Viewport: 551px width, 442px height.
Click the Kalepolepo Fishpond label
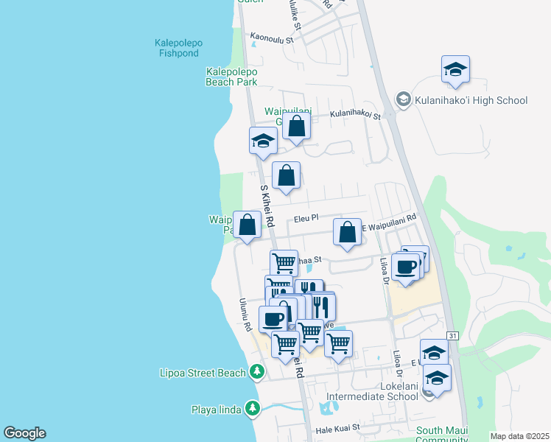point(178,48)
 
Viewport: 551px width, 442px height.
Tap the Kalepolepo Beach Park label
point(231,77)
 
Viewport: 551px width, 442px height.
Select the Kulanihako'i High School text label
point(471,100)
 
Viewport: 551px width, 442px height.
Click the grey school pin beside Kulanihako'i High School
point(403,99)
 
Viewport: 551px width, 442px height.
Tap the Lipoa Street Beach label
point(203,373)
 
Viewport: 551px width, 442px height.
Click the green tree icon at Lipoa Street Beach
point(256,371)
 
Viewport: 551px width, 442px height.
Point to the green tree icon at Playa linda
point(253,408)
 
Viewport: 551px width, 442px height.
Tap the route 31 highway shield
point(453,336)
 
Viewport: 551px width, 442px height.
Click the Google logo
point(24,433)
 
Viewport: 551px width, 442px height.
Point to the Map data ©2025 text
point(520,436)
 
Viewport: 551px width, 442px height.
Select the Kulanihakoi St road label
point(355,115)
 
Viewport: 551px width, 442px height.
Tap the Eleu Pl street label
point(305,218)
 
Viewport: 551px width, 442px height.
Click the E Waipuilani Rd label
point(389,218)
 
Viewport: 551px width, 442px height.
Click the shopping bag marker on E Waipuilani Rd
point(347,233)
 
